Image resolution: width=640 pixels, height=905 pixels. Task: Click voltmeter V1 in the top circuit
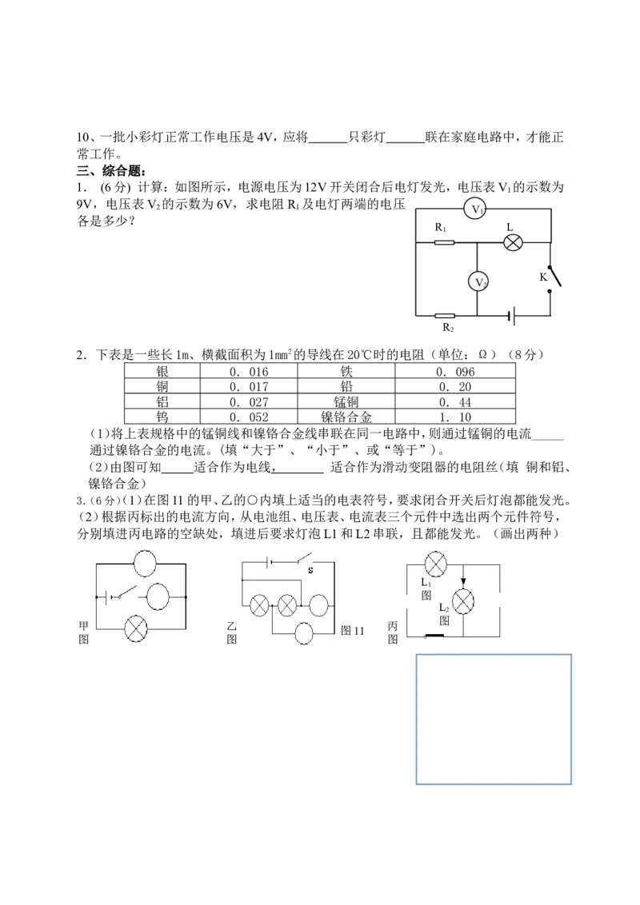(x=475, y=209)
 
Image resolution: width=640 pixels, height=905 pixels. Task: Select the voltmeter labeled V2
(x=478, y=281)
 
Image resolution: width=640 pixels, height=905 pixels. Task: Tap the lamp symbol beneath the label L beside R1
(x=513, y=242)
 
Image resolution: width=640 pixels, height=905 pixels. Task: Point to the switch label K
(x=543, y=277)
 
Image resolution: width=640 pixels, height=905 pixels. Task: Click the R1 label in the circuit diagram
(x=441, y=227)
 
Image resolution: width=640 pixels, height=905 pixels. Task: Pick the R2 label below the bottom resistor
(x=448, y=328)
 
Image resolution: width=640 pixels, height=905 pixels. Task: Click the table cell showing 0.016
(x=249, y=372)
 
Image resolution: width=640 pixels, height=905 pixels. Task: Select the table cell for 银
(x=162, y=372)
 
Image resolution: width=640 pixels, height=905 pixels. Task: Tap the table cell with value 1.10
(x=455, y=417)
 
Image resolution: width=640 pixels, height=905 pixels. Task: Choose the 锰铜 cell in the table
(x=346, y=401)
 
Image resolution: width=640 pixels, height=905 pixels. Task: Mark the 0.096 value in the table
(x=455, y=372)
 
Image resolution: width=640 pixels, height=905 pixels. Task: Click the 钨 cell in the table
(x=162, y=417)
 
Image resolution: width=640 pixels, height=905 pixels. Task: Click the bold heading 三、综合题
(x=111, y=171)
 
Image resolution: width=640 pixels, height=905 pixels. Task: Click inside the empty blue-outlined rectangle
(x=494, y=720)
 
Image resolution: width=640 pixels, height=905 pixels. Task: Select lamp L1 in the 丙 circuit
(x=435, y=564)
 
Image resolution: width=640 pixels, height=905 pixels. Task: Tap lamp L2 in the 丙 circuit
(x=462, y=601)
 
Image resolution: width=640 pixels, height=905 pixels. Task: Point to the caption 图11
(x=352, y=630)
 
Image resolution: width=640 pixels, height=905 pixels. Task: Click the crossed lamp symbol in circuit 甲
(x=136, y=628)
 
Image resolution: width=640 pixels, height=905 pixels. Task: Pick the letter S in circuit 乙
(x=310, y=570)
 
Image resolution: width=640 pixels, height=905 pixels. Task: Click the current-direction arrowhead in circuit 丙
(x=462, y=582)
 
